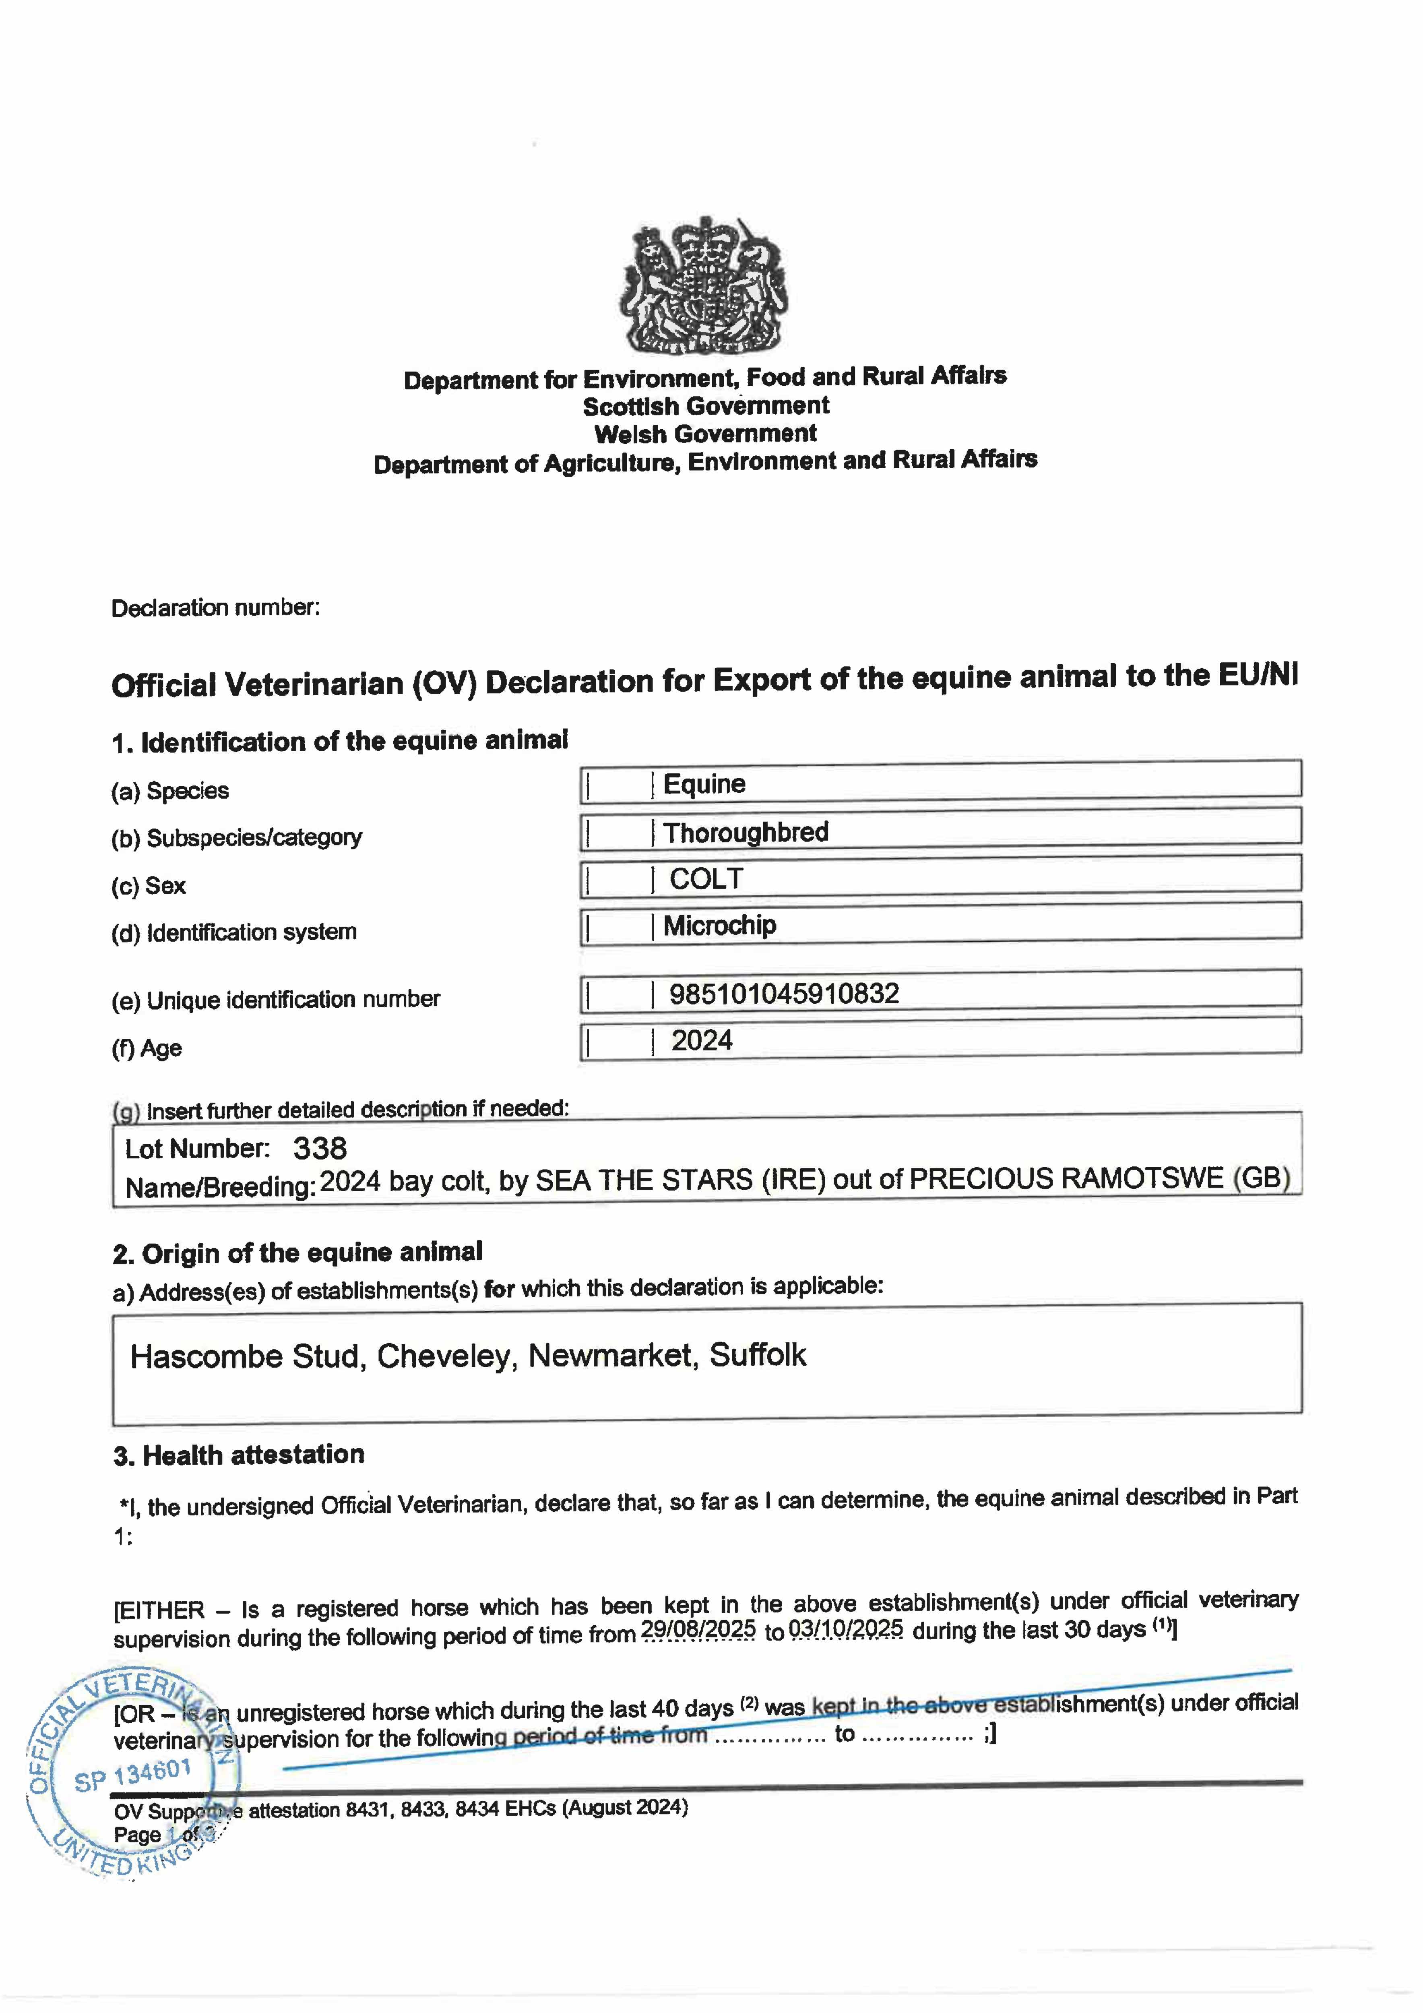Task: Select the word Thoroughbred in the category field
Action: click(745, 832)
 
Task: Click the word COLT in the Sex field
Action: click(706, 878)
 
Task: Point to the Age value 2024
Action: click(701, 1041)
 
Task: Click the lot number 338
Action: click(320, 1149)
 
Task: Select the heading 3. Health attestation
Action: click(238, 1455)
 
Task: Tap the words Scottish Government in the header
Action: click(706, 406)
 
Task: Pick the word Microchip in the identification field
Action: click(719, 925)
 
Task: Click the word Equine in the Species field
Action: click(704, 784)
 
